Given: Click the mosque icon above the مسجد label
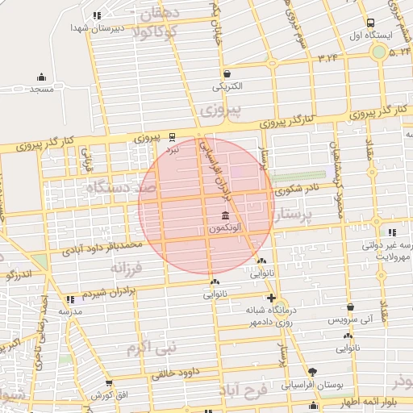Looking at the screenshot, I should tap(41, 78).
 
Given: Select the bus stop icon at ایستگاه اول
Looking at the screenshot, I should tap(370, 23).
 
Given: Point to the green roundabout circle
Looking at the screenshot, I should tap(378, 52).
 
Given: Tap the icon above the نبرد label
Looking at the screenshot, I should tap(173, 137).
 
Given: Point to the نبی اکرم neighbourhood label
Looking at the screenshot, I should tap(145, 348).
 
